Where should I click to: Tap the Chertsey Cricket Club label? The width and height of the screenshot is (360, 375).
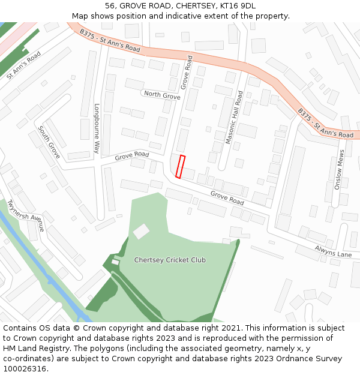coord(170,260)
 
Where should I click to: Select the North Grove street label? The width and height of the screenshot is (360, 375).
coord(162,95)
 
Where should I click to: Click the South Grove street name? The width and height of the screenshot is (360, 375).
coord(49,142)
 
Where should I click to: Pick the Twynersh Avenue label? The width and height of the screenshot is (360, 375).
coord(26,214)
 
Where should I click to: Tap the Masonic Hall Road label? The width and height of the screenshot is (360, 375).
coord(233,118)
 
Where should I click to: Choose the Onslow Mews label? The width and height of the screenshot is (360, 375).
coord(340,170)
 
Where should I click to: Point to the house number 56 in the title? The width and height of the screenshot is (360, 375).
coord(110,6)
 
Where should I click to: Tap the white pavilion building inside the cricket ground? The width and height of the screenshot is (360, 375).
coord(141,231)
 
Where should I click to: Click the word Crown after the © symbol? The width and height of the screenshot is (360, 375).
coord(94,328)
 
